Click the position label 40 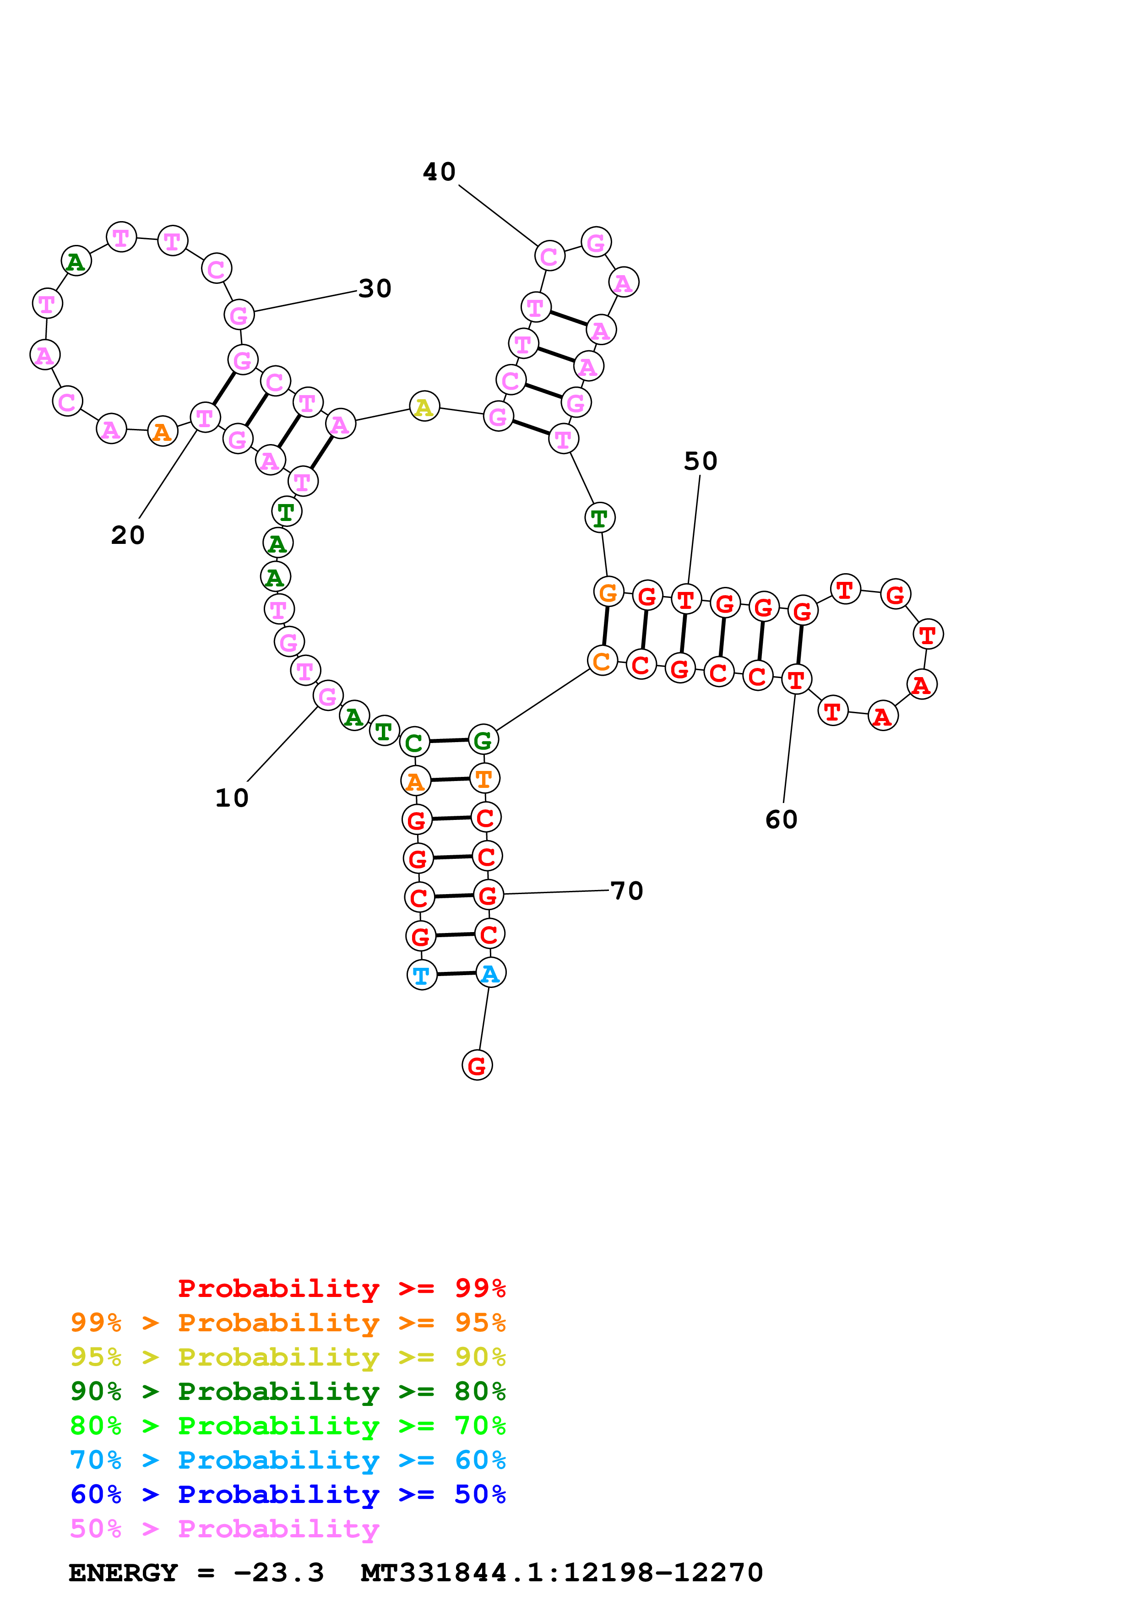click(439, 172)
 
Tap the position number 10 click(232, 798)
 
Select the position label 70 click(627, 891)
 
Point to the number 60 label click(781, 820)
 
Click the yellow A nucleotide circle click(424, 407)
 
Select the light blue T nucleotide click(422, 975)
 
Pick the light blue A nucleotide click(490, 973)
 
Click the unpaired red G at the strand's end click(477, 1065)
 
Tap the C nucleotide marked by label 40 click(550, 257)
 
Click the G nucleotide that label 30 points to click(239, 315)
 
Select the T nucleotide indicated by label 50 click(686, 599)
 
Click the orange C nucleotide click(602, 661)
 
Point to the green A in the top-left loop click(76, 261)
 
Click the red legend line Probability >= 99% click(341, 1288)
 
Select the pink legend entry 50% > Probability click(224, 1529)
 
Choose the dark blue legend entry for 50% click(288, 1494)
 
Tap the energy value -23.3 click(278, 1573)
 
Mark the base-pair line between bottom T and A click(456, 974)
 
